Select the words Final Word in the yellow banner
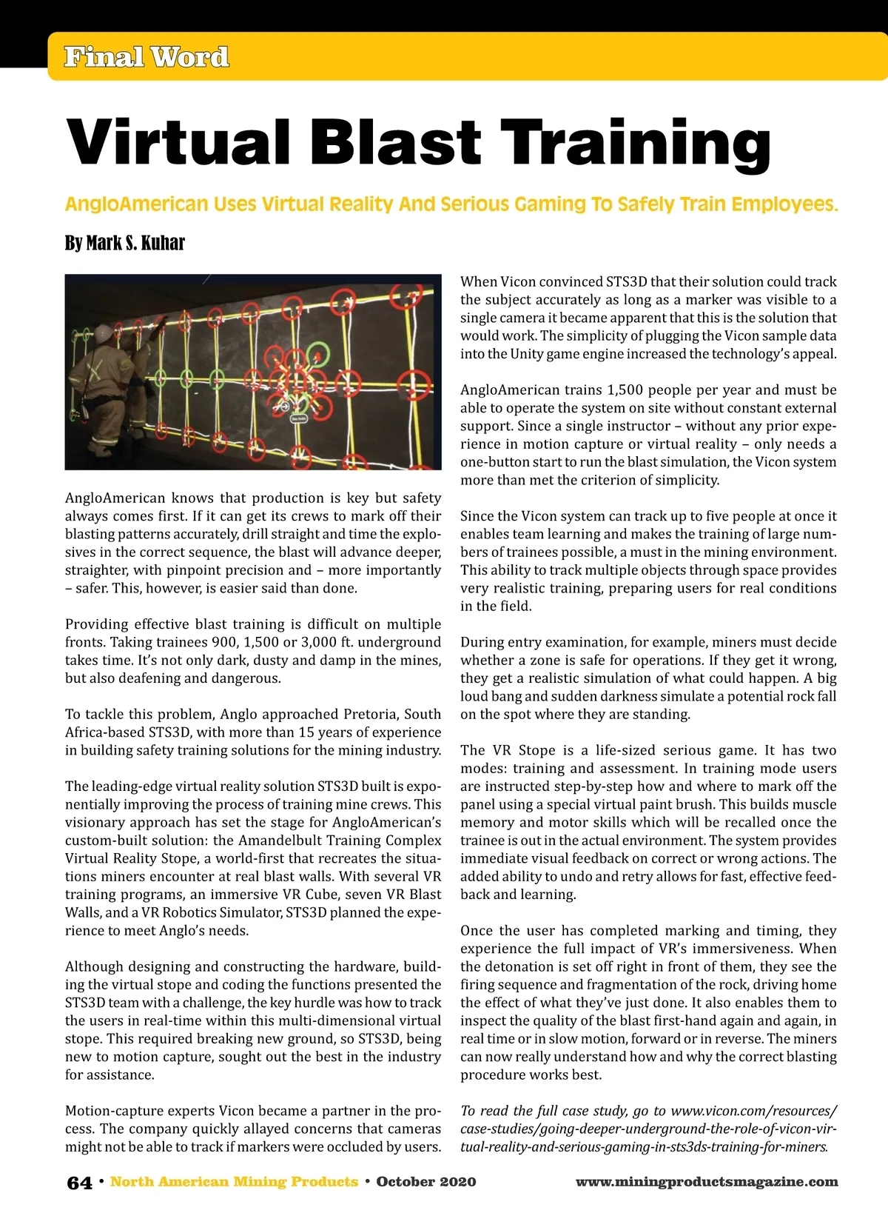[x=147, y=57]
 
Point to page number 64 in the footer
[x=79, y=1183]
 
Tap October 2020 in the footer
[x=425, y=1182]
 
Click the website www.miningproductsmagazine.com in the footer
[x=706, y=1182]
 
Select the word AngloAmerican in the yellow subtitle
[x=137, y=204]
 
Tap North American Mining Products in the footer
[x=234, y=1182]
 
